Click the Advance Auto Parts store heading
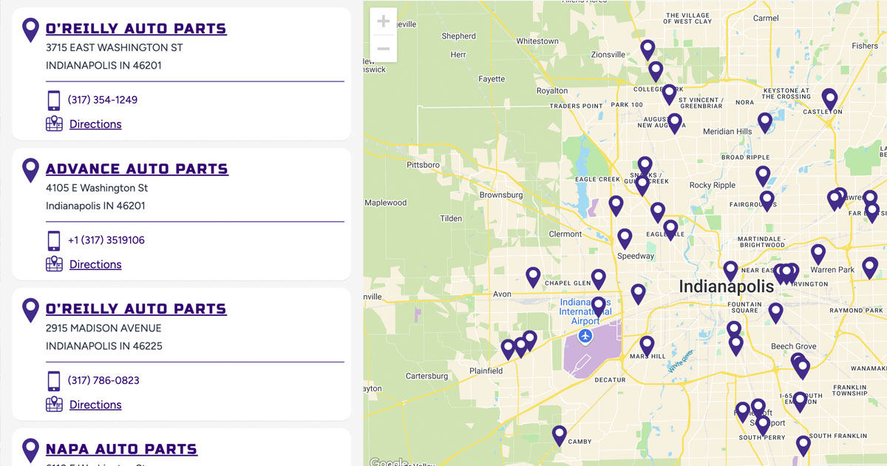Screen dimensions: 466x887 click(x=137, y=169)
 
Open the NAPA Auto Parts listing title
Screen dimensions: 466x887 click(x=121, y=449)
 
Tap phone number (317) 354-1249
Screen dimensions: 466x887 click(x=103, y=100)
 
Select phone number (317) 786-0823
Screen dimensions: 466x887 click(x=103, y=380)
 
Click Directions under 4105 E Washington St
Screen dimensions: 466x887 click(x=95, y=264)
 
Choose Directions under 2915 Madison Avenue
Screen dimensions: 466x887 click(x=95, y=405)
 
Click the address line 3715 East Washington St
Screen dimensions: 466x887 click(x=114, y=47)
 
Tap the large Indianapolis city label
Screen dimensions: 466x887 click(x=726, y=286)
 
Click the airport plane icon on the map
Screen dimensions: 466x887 click(x=586, y=337)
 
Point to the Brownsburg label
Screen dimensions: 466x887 click(x=501, y=195)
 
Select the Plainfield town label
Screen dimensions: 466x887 click(x=486, y=371)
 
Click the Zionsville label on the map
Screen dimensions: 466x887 click(x=608, y=55)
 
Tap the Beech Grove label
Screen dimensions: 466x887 click(x=793, y=346)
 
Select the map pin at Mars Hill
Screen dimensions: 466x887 click(x=647, y=344)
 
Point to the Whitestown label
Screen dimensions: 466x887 click(x=537, y=41)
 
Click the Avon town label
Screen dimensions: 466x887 click(x=502, y=294)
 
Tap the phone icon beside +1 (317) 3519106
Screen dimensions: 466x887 click(x=54, y=240)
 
